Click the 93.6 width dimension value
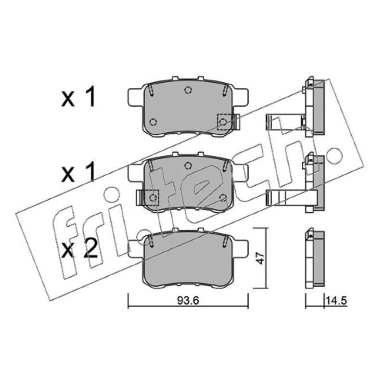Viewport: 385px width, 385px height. tap(188, 300)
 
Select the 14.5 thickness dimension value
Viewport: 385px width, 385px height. tap(336, 300)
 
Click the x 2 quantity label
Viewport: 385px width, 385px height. tap(79, 249)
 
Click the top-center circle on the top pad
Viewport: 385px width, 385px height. tap(188, 90)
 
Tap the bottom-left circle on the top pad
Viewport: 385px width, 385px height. tap(153, 122)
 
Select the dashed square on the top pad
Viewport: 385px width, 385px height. tap(225, 122)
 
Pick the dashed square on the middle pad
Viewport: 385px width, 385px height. tap(152, 198)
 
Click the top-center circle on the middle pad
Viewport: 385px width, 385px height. tap(188, 166)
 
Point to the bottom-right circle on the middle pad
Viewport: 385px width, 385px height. tap(223, 197)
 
